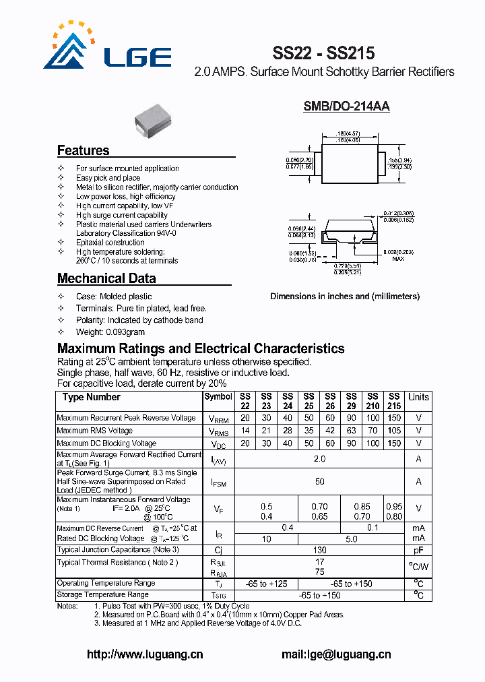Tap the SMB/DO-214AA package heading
(346, 106)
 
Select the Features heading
(83, 150)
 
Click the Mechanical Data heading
(106, 278)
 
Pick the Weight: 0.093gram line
(110, 332)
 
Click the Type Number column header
(92, 397)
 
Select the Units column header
(418, 397)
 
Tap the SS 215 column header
(394, 402)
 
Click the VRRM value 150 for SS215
(394, 418)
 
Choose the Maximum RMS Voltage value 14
(245, 431)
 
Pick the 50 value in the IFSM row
(319, 482)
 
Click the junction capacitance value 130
(319, 551)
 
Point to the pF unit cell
(418, 551)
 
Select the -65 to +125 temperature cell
(266, 584)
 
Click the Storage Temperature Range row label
(102, 595)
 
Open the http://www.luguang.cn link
(145, 654)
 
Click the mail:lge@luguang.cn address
(335, 654)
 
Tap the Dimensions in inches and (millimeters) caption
(345, 297)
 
